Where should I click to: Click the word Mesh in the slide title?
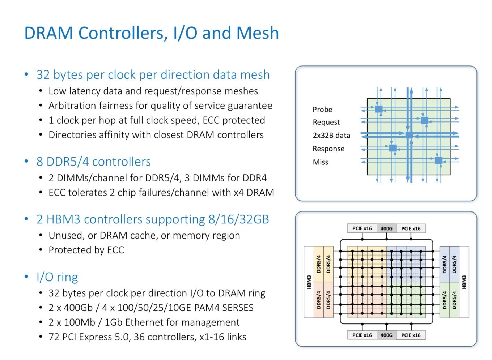click(258, 33)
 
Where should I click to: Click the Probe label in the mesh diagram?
click(322, 110)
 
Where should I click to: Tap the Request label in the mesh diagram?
click(326, 122)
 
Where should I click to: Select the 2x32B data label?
click(331, 136)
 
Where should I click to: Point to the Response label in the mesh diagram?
click(328, 149)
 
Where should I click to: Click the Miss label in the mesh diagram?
click(321, 162)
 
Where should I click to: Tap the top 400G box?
click(386, 228)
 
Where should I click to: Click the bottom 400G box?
click(386, 335)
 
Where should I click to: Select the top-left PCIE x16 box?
click(362, 228)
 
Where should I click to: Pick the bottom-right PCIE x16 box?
click(411, 335)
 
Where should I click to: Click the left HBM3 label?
click(309, 282)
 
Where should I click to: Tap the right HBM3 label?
click(464, 282)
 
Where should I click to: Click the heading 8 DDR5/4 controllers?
click(94, 162)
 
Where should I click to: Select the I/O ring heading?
click(57, 277)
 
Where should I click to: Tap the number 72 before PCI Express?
click(54, 337)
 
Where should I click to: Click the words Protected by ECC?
click(86, 250)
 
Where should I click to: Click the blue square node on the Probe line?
click(379, 109)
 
